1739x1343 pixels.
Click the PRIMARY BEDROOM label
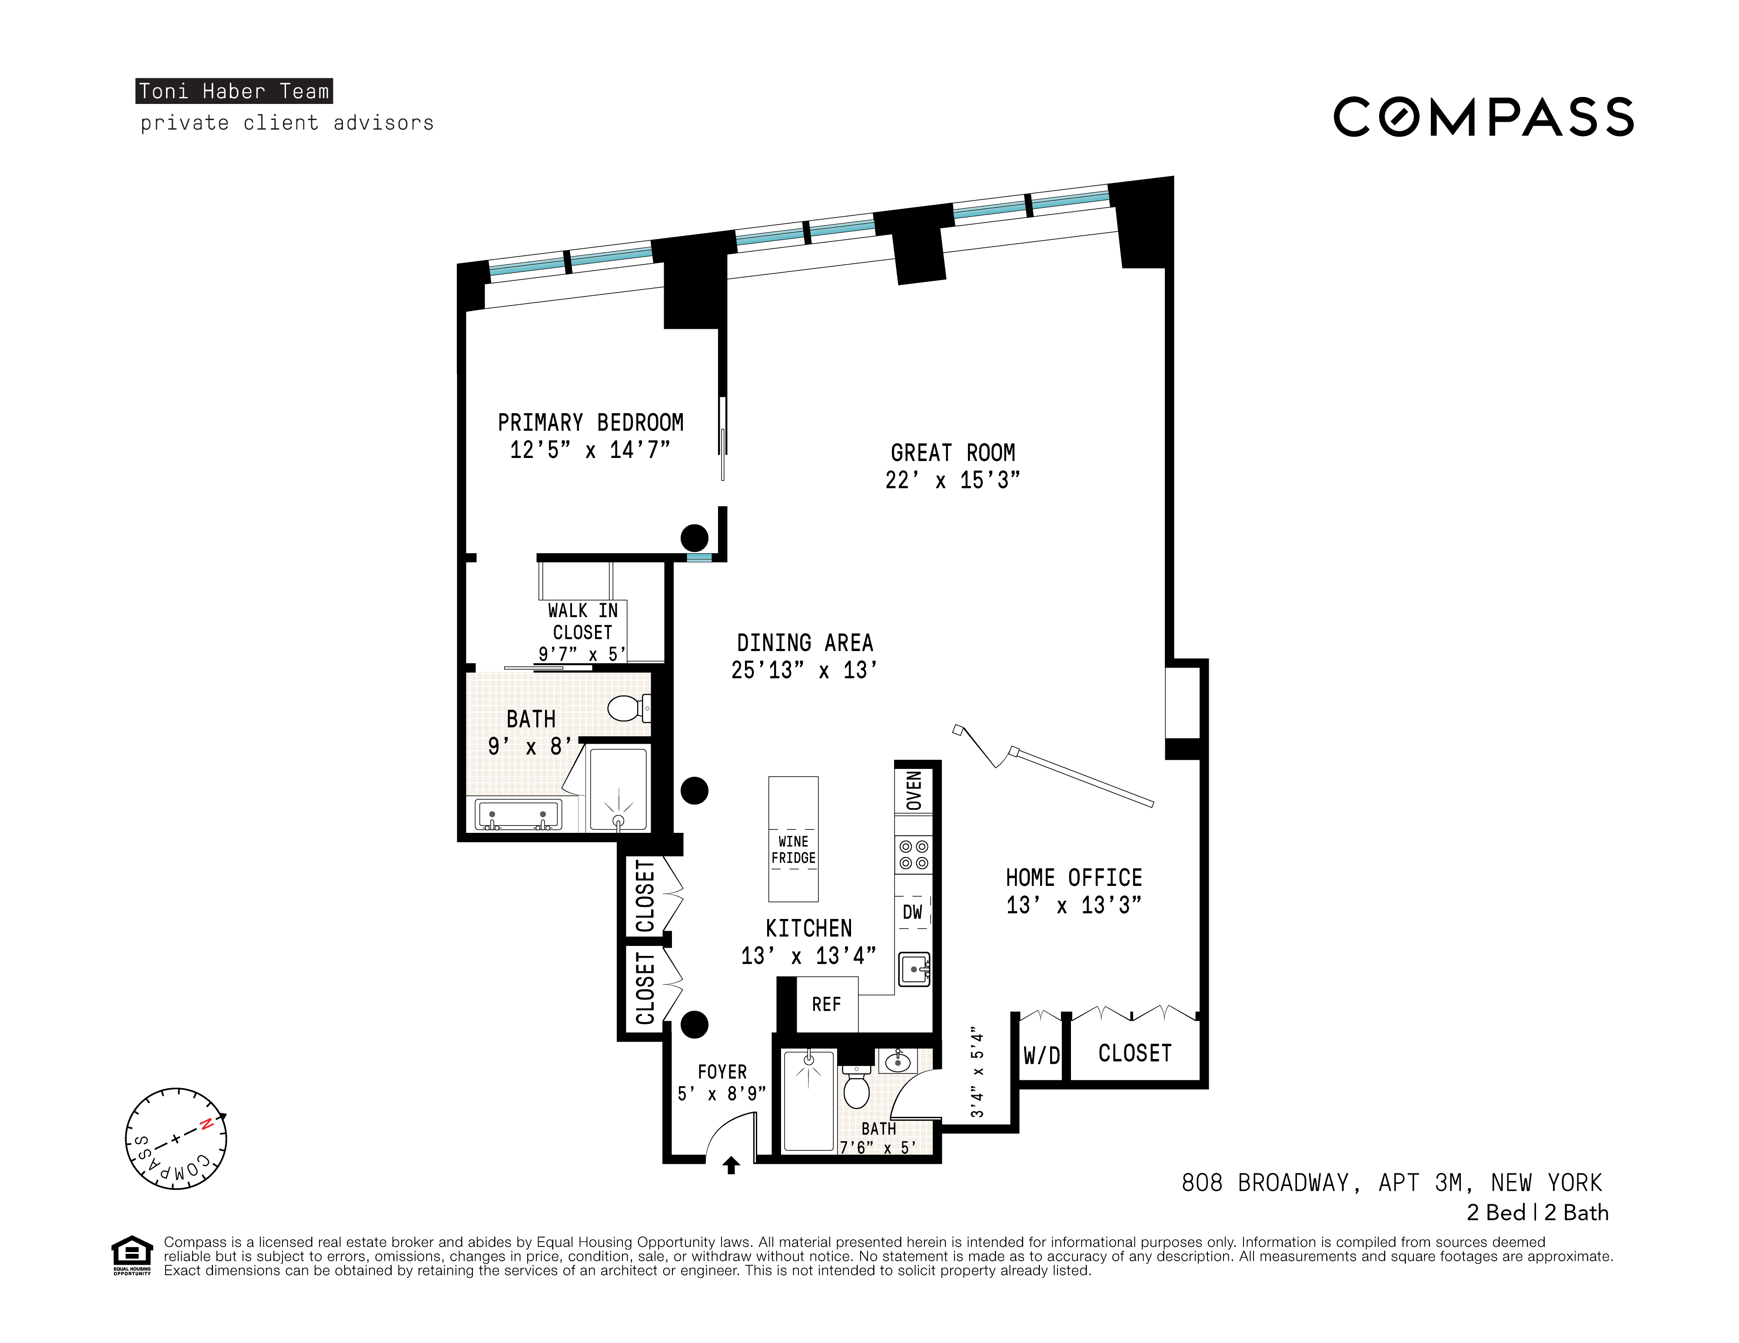pos(590,422)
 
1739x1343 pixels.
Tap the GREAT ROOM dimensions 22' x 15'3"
pos(952,480)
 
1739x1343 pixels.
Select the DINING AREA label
pos(804,643)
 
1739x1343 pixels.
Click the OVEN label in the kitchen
pos(914,790)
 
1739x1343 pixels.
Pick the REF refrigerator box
pos(826,1005)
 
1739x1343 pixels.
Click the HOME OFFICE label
pos(1073,878)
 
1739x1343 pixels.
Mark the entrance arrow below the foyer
pos(731,1166)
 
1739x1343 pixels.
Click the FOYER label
pos(722,1072)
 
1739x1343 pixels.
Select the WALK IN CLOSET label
pos(582,622)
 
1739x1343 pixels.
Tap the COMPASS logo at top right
pos(1483,117)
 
